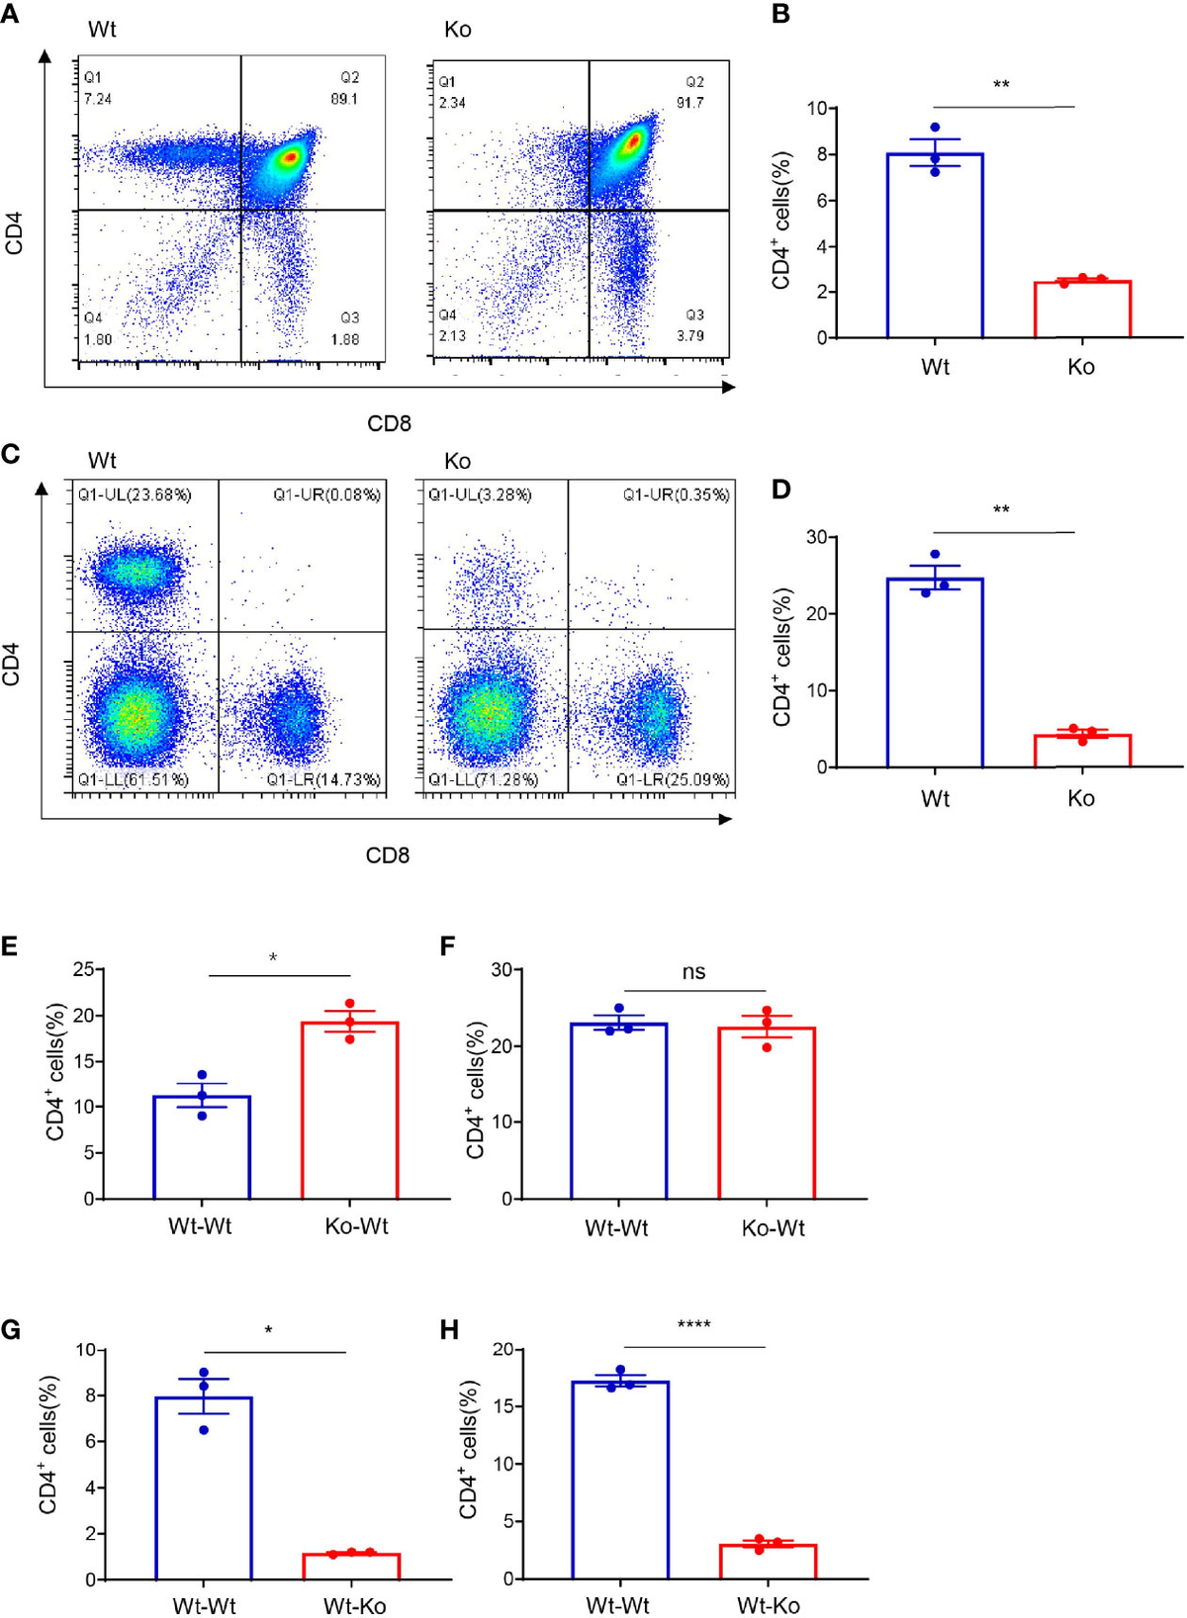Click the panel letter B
click(x=780, y=15)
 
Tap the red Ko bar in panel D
click(x=1081, y=751)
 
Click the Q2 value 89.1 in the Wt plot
click(x=344, y=99)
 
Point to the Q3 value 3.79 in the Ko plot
click(x=690, y=335)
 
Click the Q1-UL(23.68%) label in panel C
click(x=135, y=494)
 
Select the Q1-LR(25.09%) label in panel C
click(x=673, y=779)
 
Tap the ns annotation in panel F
click(x=693, y=972)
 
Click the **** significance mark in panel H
click(x=693, y=1325)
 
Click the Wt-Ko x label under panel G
click(x=354, y=1605)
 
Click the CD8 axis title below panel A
click(x=389, y=423)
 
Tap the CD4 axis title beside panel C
click(x=12, y=663)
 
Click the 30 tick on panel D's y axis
click(x=815, y=537)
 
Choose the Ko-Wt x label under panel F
click(x=773, y=1228)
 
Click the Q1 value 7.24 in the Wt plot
click(x=97, y=99)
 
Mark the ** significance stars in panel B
click(x=1001, y=85)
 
